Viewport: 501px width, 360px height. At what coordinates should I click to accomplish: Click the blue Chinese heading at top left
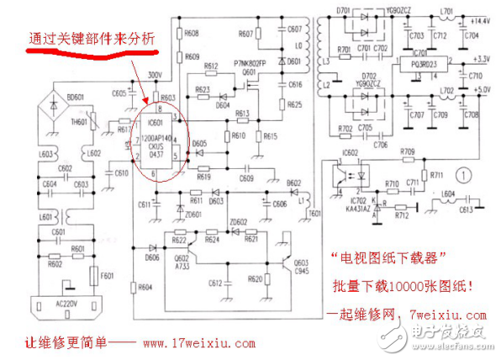92,38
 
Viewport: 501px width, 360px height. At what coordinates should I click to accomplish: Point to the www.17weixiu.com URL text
198,343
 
